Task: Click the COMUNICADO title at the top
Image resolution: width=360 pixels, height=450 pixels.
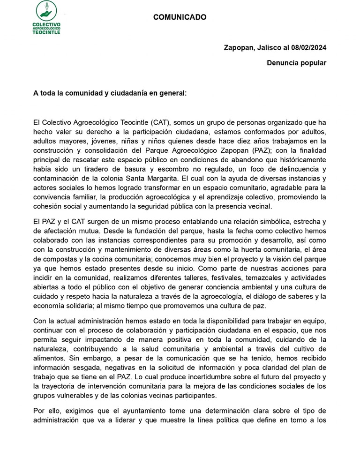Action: point(180,17)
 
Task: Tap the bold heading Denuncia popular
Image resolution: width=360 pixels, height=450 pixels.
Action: point(297,63)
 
